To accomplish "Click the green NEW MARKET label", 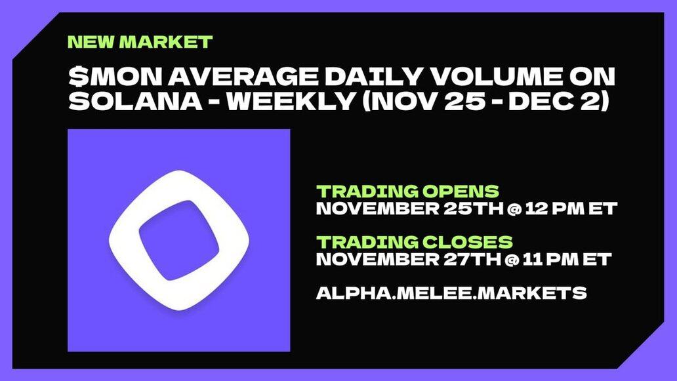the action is pyautogui.click(x=140, y=42).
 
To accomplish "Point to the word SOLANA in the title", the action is pyautogui.click(x=135, y=101).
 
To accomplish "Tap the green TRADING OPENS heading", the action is pyautogui.click(x=407, y=191).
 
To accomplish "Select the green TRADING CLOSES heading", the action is pyautogui.click(x=415, y=242).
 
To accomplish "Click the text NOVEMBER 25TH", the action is pyautogui.click(x=410, y=209).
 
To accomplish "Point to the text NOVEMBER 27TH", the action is pyautogui.click(x=409, y=259).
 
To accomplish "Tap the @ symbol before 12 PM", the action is pyautogui.click(x=515, y=209).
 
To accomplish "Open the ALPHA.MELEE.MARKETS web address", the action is pyautogui.click(x=451, y=293).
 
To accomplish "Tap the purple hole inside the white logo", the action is pyautogui.click(x=178, y=240).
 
